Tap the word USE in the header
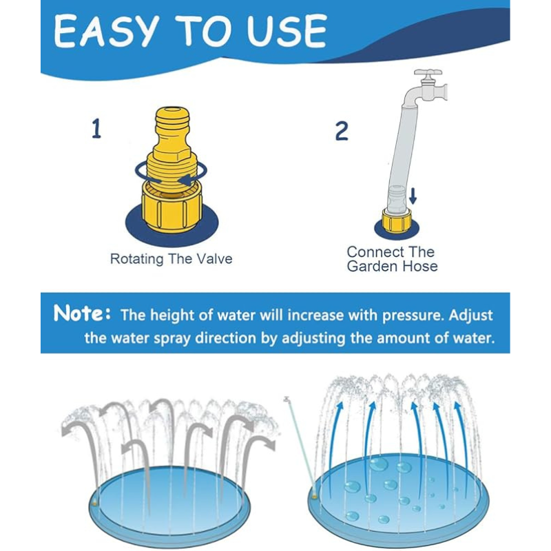pyautogui.click(x=287, y=31)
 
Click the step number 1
pyautogui.click(x=96, y=129)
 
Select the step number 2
pyautogui.click(x=342, y=131)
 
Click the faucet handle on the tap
pyautogui.click(x=428, y=72)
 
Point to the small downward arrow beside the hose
pyautogui.click(x=413, y=196)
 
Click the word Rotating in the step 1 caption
pyautogui.click(x=136, y=260)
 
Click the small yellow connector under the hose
pyautogui.click(x=397, y=220)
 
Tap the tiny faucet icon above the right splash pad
pyautogui.click(x=287, y=399)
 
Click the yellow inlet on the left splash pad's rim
pyautogui.click(x=94, y=504)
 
